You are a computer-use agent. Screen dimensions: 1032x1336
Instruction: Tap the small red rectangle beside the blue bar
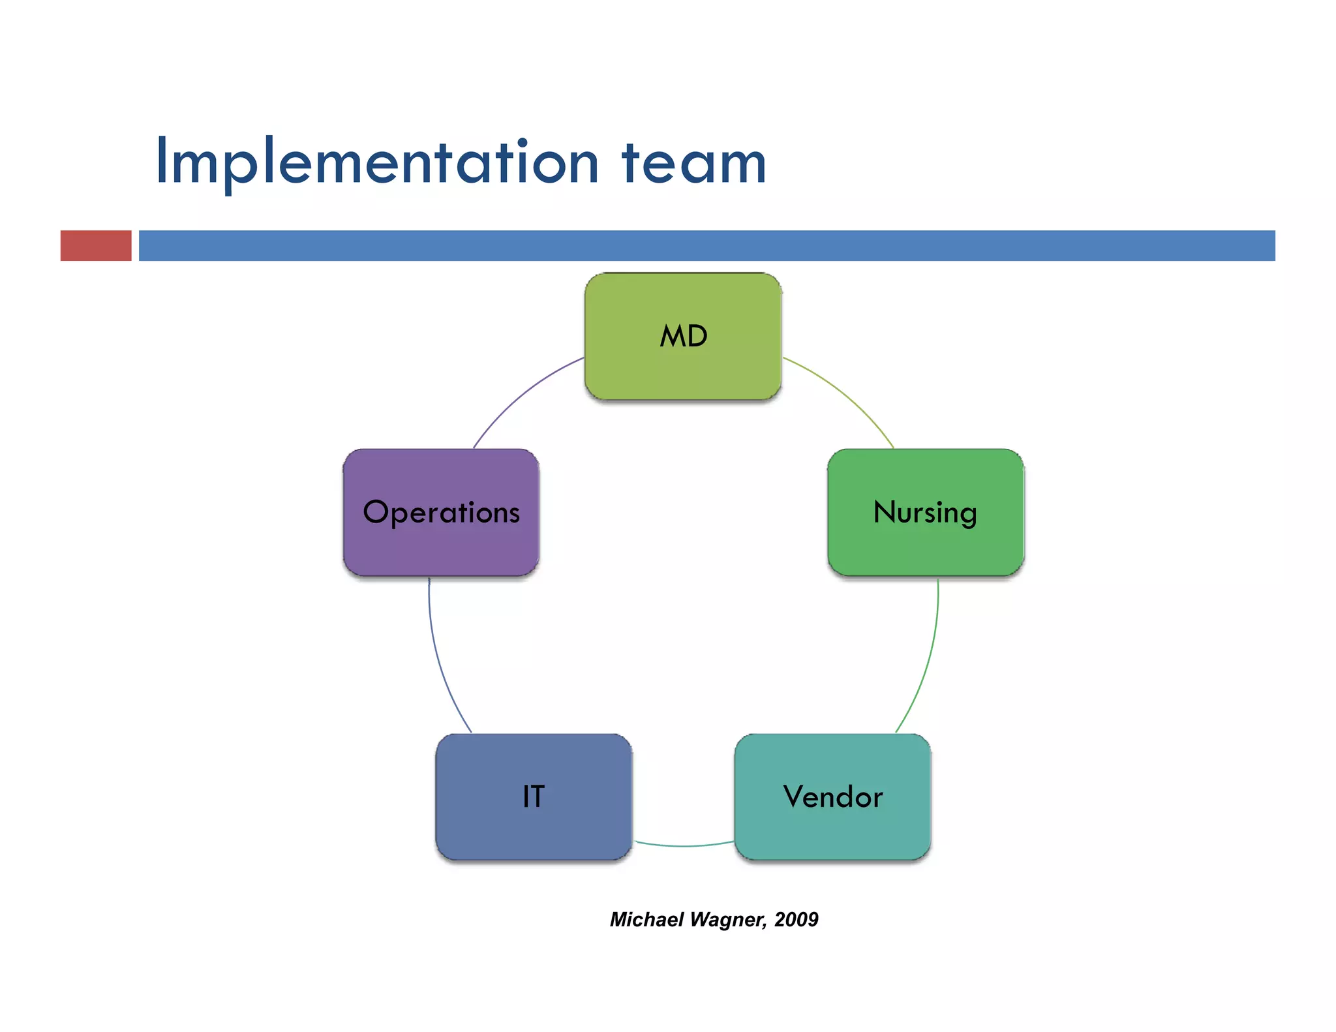tap(96, 246)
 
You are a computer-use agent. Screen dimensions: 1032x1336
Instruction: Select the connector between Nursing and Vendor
tap(930, 659)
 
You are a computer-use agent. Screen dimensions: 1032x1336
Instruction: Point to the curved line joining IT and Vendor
tap(684, 846)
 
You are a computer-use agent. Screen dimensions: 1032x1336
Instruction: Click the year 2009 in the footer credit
tap(796, 919)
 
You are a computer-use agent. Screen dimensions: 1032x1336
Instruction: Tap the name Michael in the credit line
tap(646, 919)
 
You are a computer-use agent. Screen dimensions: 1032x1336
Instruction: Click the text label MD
tap(683, 337)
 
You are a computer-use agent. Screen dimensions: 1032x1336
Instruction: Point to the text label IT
tap(533, 797)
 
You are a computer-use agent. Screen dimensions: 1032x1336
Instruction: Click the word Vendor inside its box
tap(833, 797)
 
